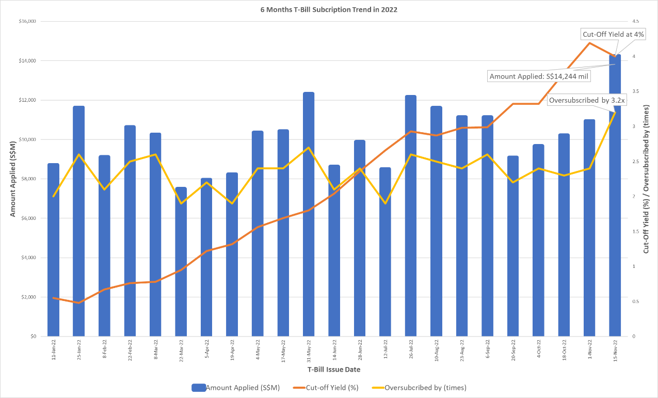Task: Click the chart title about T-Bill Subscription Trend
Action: (x=329, y=10)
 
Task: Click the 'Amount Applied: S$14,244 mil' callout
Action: (x=539, y=76)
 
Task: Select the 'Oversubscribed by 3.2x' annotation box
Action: (x=586, y=100)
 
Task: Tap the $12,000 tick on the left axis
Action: (x=27, y=100)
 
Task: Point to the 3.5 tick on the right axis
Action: (x=635, y=91)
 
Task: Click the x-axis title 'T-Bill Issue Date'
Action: (x=334, y=370)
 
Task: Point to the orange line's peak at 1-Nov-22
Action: (x=589, y=43)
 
